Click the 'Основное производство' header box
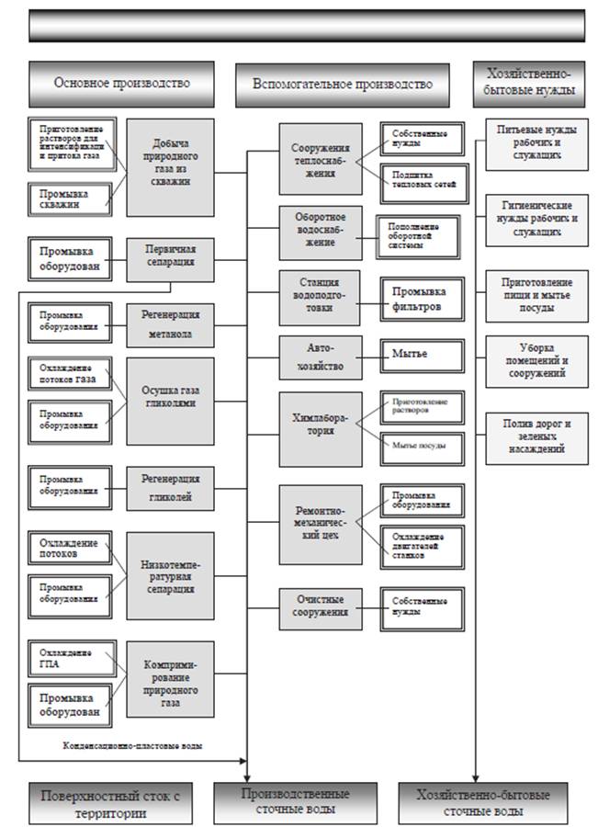tap(121, 84)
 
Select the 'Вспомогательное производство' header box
tap(343, 84)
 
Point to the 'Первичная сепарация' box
tap(170, 260)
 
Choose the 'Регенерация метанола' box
tap(170, 325)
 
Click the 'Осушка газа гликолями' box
tap(170, 401)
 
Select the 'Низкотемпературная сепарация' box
tap(170, 574)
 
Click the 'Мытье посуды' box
tap(423, 447)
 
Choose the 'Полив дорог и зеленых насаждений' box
tap(537, 436)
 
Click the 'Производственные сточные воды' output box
tap(295, 802)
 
